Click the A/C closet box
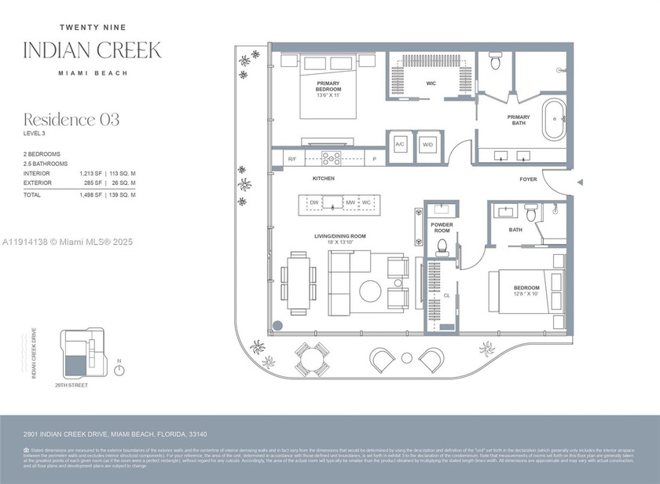pyautogui.click(x=400, y=146)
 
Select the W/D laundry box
pyautogui.click(x=428, y=146)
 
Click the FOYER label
pyautogui.click(x=528, y=179)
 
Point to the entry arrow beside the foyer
pyautogui.click(x=580, y=183)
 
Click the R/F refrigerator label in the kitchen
pyautogui.click(x=291, y=159)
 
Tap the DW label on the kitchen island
pyautogui.click(x=313, y=203)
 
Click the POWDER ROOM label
pyautogui.click(x=442, y=227)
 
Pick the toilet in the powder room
pyautogui.click(x=442, y=247)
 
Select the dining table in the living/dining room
pyautogui.click(x=299, y=280)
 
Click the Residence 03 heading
pyautogui.click(x=71, y=120)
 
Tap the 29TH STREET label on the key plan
pyautogui.click(x=71, y=386)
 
